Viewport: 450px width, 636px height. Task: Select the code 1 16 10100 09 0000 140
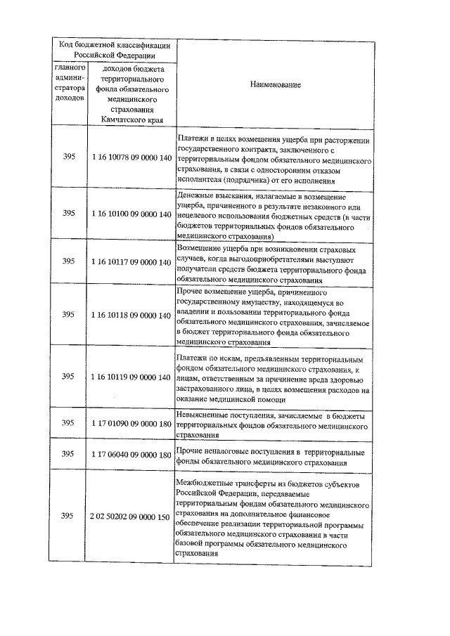pyautogui.click(x=131, y=213)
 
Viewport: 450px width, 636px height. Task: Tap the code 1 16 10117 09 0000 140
pyautogui.click(x=131, y=261)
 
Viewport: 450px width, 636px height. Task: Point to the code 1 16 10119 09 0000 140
pyautogui.click(x=131, y=377)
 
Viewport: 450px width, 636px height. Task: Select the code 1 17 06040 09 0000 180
pyautogui.click(x=131, y=455)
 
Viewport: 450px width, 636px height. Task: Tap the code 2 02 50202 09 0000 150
pyautogui.click(x=131, y=517)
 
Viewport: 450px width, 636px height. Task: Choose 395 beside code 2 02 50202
pyautogui.click(x=68, y=517)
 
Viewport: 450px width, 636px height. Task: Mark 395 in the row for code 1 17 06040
pyautogui.click(x=68, y=455)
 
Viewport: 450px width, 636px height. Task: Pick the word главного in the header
pyautogui.click(x=70, y=68)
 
